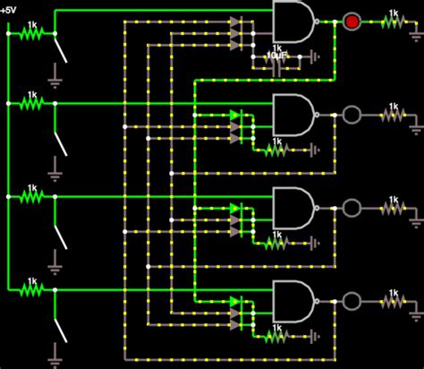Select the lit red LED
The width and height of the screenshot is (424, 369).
tap(352, 20)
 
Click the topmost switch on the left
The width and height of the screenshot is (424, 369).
tap(62, 50)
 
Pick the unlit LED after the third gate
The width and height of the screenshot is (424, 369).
tap(352, 207)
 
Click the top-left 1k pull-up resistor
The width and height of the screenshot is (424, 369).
tap(32, 33)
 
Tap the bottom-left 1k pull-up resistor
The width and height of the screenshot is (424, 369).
tap(32, 289)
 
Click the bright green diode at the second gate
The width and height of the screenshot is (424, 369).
tap(235, 115)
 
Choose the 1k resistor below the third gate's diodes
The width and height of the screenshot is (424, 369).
tap(275, 243)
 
